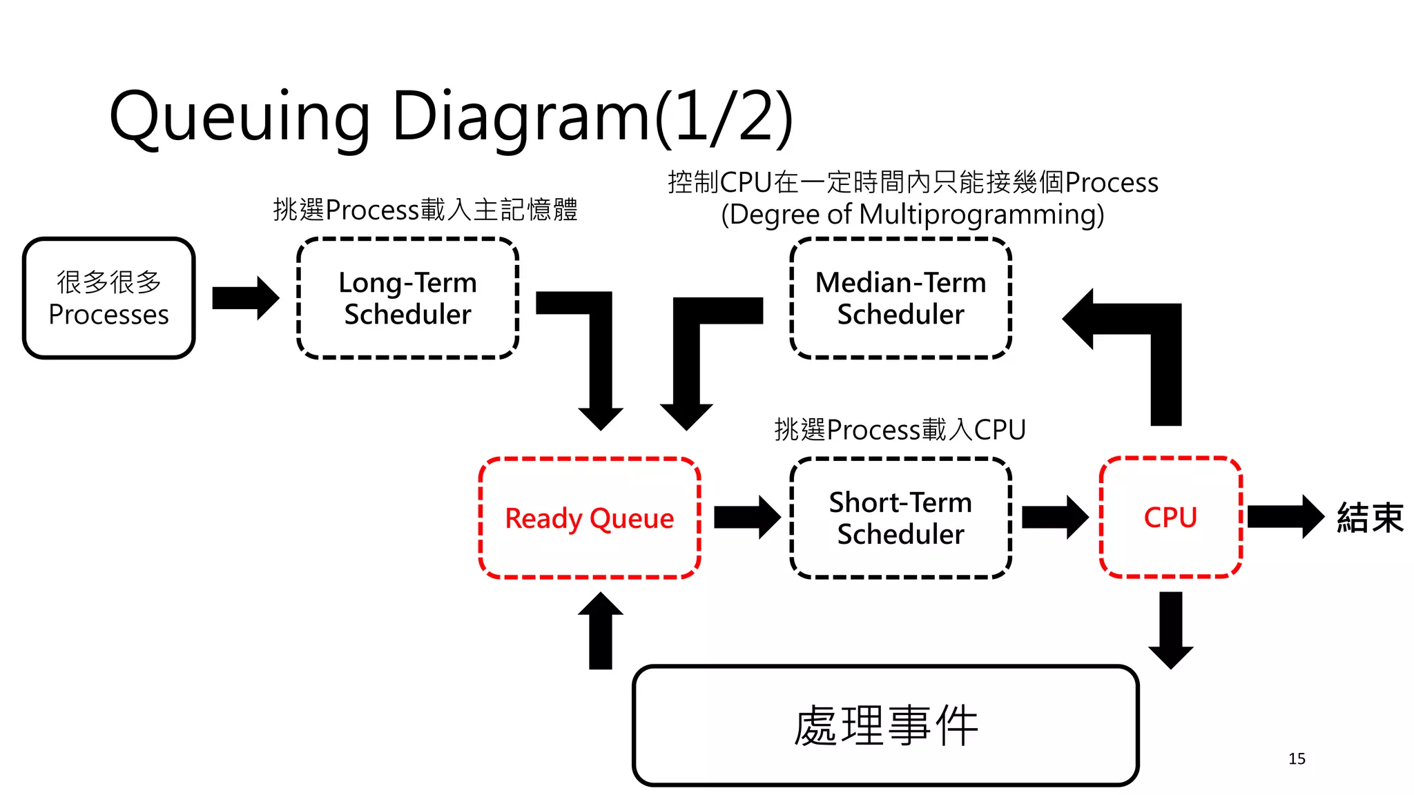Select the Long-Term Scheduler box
[407, 298]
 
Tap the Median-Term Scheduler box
[900, 298]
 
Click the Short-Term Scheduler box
[900, 518]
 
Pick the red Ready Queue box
[590, 518]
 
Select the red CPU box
[1170, 517]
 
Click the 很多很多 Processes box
[109, 298]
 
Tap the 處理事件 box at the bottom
[885, 725]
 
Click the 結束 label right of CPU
[1370, 518]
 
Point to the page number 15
[1297, 759]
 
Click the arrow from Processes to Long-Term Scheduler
[245, 298]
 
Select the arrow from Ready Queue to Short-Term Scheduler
[746, 517]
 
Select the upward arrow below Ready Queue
[601, 631]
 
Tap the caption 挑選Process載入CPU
[900, 430]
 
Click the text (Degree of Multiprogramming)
[913, 215]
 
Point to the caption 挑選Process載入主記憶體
[425, 210]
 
